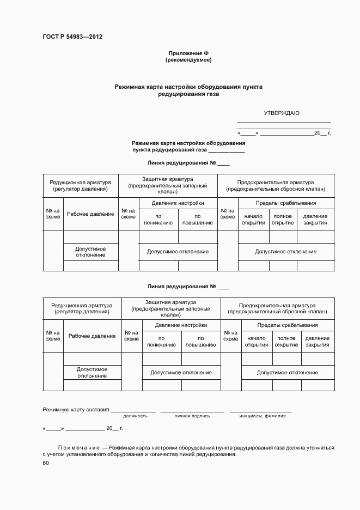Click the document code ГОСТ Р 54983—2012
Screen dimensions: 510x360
72,37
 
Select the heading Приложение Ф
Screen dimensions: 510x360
188,53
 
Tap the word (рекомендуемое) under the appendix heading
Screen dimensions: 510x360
188,60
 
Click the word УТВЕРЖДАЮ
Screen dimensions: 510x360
282,113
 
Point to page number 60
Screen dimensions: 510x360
46,463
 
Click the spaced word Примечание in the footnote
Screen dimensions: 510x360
78,447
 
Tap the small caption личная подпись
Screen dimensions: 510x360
192,416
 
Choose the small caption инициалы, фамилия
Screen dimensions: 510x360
262,416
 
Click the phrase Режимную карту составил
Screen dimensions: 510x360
76,409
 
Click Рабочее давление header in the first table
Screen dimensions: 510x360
90,214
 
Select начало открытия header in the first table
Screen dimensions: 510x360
253,219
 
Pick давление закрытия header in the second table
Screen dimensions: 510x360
318,342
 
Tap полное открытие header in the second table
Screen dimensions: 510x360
286,342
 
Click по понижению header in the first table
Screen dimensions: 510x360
158,219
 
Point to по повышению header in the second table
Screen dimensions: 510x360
200,342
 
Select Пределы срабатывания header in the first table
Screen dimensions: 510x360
286,203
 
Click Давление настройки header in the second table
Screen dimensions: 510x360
181,325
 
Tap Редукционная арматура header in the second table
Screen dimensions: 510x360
82,308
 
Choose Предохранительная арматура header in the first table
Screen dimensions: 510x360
276,186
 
